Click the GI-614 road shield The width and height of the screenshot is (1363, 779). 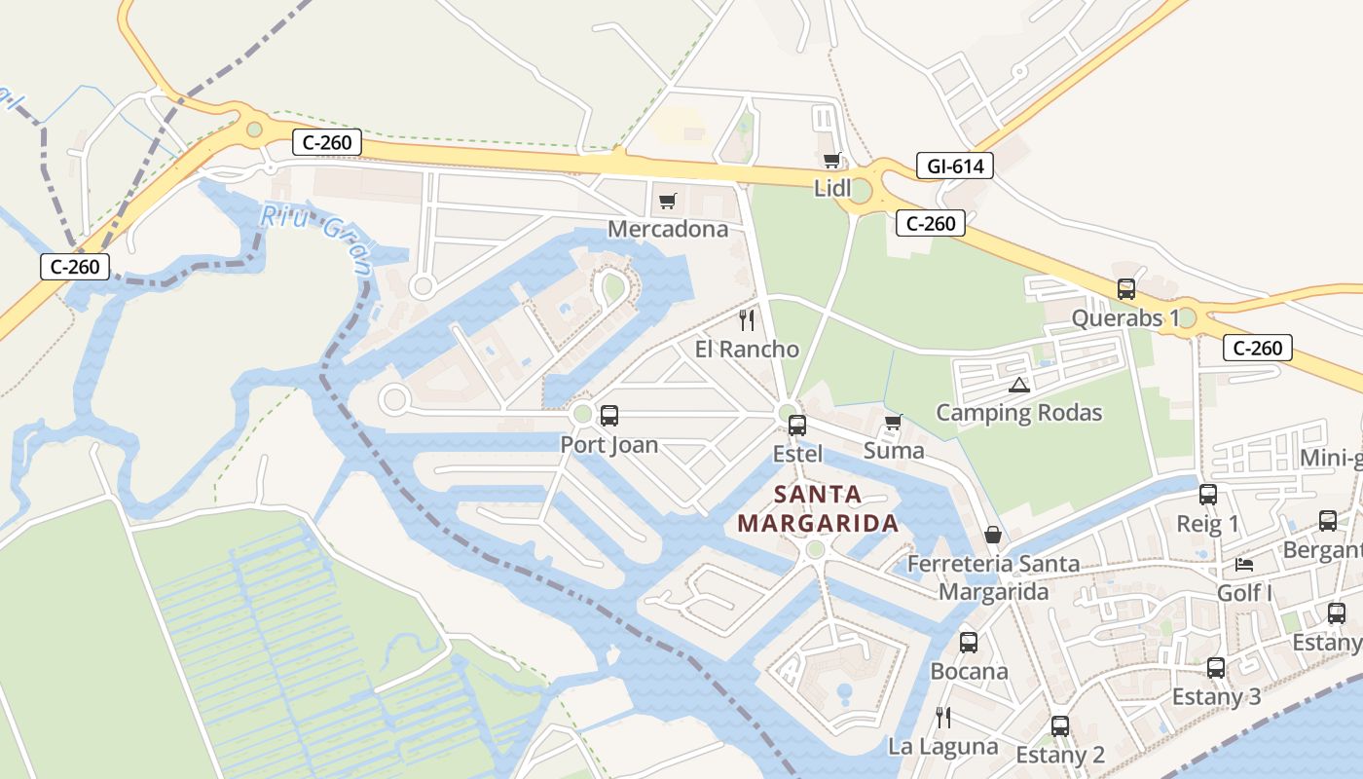[x=955, y=167]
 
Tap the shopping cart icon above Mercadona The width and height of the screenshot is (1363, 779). [x=667, y=201]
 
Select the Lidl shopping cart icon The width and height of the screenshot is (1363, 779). [x=831, y=161]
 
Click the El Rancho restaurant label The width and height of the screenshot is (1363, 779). [x=747, y=349]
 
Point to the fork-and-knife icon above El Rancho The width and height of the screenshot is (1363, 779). [x=747, y=319]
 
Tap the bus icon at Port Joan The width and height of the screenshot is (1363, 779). [x=609, y=416]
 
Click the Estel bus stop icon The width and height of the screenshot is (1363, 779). [x=797, y=425]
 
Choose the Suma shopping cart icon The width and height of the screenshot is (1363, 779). [x=893, y=423]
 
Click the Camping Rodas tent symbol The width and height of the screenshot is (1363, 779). [x=1019, y=385]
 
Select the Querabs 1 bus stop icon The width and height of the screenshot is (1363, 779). [x=1126, y=289]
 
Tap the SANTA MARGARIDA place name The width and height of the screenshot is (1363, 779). [x=818, y=508]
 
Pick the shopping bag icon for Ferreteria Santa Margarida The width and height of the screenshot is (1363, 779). [x=993, y=535]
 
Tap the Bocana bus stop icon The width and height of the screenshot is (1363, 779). [x=968, y=643]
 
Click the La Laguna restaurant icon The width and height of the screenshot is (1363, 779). [x=942, y=718]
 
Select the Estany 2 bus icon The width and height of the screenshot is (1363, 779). [x=1060, y=725]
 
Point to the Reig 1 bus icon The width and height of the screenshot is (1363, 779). [x=1208, y=495]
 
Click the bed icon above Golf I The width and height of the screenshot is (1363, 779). [x=1244, y=564]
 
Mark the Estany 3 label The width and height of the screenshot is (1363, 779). [x=1216, y=697]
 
